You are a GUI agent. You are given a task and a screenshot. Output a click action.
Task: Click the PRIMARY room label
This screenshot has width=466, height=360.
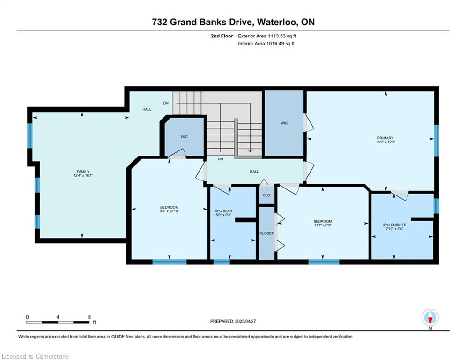tap(385, 138)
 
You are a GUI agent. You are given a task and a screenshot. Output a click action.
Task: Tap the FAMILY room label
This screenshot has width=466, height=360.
tap(83, 172)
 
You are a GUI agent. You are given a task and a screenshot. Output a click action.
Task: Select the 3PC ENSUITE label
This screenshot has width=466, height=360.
tap(394, 225)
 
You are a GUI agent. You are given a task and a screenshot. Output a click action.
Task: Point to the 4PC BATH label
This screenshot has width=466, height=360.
tap(223, 211)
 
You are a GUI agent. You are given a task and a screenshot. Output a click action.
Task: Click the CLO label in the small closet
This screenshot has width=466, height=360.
tap(266, 195)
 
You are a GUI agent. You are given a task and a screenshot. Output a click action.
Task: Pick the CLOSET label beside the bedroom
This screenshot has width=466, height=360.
tap(266, 233)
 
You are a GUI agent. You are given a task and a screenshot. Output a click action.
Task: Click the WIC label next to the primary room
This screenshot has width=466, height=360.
tap(284, 123)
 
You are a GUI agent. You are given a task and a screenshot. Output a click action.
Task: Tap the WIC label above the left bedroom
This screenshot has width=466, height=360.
tap(184, 137)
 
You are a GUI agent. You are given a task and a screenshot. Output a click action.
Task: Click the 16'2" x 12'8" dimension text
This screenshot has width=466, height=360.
tap(385, 142)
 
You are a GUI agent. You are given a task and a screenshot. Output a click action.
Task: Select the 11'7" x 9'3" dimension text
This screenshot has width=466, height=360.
tap(323, 225)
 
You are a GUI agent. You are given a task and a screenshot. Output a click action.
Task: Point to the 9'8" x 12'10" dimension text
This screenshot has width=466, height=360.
tap(169, 211)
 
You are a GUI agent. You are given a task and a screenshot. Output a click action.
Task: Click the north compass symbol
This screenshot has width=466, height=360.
tap(430, 317)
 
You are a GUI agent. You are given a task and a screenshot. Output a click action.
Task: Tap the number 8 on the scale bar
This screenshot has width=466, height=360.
tap(89, 317)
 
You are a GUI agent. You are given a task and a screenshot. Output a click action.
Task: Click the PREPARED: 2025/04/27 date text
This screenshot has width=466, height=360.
tap(233, 321)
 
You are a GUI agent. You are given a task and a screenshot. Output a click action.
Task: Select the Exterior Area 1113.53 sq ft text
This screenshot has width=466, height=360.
tap(267, 36)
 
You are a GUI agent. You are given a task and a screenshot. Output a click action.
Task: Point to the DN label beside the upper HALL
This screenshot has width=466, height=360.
tap(166, 103)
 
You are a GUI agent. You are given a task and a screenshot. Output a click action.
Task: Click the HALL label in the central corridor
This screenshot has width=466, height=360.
tap(254, 172)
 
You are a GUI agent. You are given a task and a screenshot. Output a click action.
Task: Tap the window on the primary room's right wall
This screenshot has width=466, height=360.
tap(436, 141)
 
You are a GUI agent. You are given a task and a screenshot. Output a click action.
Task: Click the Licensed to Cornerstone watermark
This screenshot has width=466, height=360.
tap(35, 356)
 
